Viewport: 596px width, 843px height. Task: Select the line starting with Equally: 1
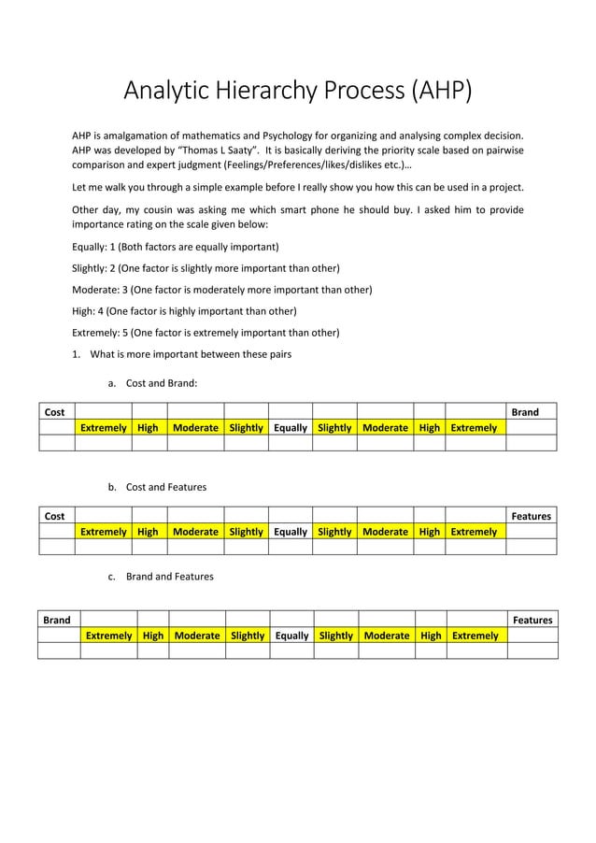pos(176,247)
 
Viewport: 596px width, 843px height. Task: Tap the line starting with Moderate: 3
pos(221,290)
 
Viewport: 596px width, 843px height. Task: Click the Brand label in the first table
pos(525,411)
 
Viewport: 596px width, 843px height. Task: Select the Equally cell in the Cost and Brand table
pos(291,427)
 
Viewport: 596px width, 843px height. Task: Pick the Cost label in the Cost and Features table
pos(55,515)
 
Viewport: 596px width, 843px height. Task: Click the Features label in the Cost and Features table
pos(531,515)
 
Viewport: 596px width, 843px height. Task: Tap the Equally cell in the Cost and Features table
pos(291,531)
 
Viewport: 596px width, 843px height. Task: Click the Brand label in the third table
pos(57,619)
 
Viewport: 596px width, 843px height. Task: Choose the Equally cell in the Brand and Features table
pos(291,635)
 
